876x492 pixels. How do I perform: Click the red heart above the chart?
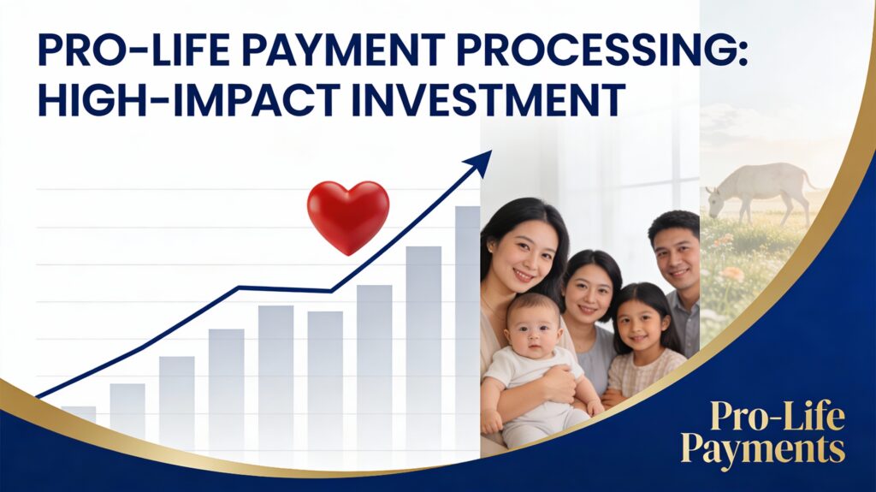click(348, 215)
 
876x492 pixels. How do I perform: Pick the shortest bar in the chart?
click(79, 412)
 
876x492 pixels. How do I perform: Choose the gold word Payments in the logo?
click(763, 449)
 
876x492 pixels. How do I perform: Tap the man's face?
click(672, 256)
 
